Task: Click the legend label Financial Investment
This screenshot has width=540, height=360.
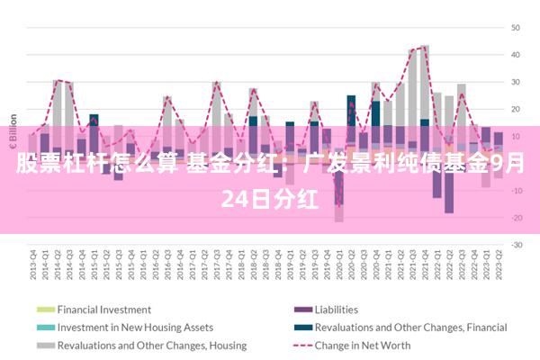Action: point(103,310)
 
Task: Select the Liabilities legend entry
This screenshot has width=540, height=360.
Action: point(336,310)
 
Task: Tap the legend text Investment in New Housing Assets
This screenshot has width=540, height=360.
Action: point(135,327)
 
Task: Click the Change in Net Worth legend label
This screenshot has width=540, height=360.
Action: point(363,345)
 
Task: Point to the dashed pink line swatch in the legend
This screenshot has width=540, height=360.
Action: point(301,345)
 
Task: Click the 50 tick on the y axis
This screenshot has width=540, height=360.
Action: point(517,28)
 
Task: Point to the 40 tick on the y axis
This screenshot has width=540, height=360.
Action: point(517,55)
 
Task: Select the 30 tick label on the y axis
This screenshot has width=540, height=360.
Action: point(517,82)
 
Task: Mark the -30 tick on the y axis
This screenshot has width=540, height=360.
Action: point(516,245)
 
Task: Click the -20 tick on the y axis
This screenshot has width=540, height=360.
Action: point(516,218)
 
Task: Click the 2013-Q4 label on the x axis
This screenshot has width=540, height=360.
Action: point(33,263)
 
